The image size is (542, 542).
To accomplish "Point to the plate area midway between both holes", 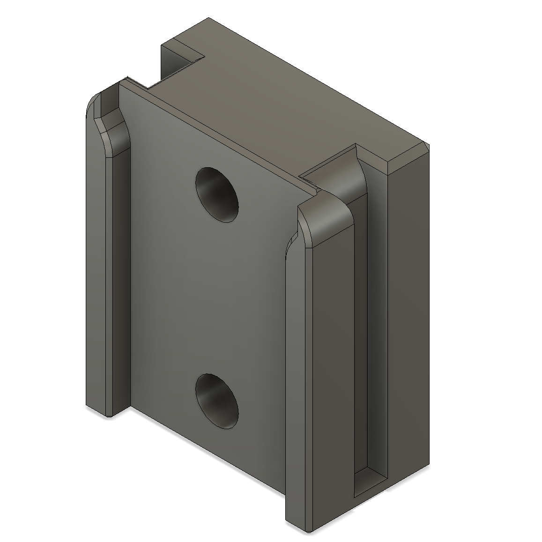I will tap(215, 300).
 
